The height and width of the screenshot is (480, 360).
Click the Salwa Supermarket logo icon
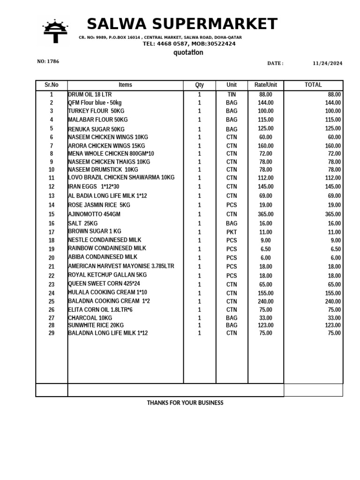point(56,31)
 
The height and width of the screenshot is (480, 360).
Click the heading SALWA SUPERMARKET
point(182,24)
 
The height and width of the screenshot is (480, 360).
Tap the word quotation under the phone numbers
point(188,52)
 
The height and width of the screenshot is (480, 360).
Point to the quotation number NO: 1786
point(48,61)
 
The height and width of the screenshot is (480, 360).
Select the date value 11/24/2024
point(328,63)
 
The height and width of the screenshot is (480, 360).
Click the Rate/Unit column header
point(265,85)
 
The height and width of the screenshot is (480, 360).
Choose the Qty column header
point(199,85)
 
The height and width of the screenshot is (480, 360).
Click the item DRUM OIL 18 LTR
point(90,95)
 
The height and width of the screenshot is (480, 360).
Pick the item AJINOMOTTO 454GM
point(94,214)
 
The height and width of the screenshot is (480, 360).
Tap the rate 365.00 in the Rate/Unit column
point(265,214)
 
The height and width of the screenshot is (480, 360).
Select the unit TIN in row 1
point(232,95)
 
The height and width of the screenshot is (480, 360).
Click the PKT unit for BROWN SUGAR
point(232,232)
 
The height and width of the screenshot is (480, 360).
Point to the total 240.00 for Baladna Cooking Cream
point(333,301)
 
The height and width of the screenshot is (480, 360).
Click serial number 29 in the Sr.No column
point(52,333)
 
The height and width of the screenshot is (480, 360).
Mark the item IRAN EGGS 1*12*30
point(94,187)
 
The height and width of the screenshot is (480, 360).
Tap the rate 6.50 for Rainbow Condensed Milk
point(265,249)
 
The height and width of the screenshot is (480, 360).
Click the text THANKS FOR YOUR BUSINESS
point(185,403)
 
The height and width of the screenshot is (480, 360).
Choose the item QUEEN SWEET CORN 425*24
point(104,284)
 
